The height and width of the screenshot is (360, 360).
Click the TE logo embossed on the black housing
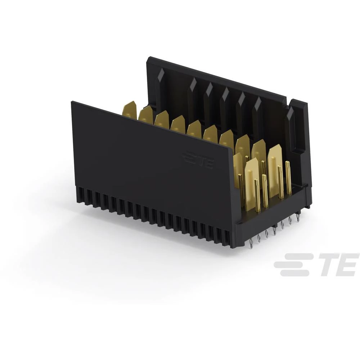198,160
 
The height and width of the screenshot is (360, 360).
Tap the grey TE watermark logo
316,264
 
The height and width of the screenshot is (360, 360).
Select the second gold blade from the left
146,114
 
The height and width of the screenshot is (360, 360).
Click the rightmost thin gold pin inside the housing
288,178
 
